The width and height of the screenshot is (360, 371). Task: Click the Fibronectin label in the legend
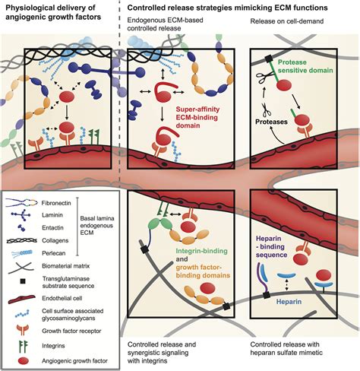coord(56,203)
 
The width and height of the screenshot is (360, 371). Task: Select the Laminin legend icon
coord(21,215)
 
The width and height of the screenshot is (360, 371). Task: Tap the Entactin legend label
coord(52,227)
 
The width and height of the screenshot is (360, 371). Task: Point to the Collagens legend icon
coord(21,240)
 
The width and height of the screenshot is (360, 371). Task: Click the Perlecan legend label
coord(54,253)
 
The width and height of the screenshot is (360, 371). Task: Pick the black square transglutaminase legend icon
coord(22,281)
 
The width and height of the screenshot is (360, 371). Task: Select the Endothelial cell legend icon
coord(22,300)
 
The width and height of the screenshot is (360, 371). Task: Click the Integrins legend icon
coord(24,346)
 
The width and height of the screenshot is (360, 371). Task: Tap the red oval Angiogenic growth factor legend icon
coord(24,361)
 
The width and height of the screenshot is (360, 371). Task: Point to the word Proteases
coord(271,122)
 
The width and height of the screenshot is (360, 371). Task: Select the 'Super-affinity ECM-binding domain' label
coord(197,118)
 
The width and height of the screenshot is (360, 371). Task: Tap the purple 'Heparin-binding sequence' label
coord(271,246)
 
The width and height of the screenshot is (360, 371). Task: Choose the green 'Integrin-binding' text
coord(201,251)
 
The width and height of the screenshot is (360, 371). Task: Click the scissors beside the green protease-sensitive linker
coord(265,77)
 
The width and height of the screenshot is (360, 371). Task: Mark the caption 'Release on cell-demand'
coord(287,21)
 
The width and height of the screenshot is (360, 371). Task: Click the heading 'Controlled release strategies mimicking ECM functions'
coord(227,8)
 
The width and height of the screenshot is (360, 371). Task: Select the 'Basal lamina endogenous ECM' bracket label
coord(97,225)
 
